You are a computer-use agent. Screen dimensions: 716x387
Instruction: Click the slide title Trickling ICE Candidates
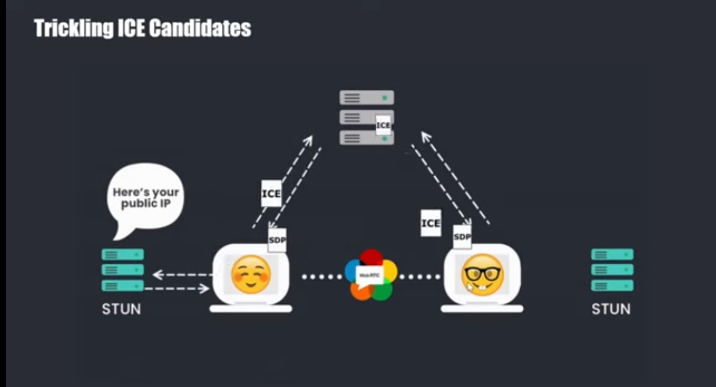[143, 28]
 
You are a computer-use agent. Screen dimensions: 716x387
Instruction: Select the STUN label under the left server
[121, 309]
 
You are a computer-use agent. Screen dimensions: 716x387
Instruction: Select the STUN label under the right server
[611, 309]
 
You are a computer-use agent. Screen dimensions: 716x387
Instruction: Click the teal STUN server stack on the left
[123, 270]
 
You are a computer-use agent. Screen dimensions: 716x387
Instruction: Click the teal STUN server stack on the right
[612, 270]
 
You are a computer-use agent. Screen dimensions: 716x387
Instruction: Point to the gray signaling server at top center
[366, 117]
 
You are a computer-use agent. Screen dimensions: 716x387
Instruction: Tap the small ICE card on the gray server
[383, 125]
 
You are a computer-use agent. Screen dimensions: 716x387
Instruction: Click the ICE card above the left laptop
[271, 193]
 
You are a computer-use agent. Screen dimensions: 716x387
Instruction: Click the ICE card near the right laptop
[430, 223]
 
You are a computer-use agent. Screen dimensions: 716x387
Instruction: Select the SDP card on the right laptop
[462, 237]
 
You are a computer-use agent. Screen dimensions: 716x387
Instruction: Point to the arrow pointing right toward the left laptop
[178, 289]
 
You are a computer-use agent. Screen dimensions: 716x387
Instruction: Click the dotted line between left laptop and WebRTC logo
[322, 277]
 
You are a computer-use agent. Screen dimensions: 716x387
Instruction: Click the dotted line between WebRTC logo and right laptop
[420, 277]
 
